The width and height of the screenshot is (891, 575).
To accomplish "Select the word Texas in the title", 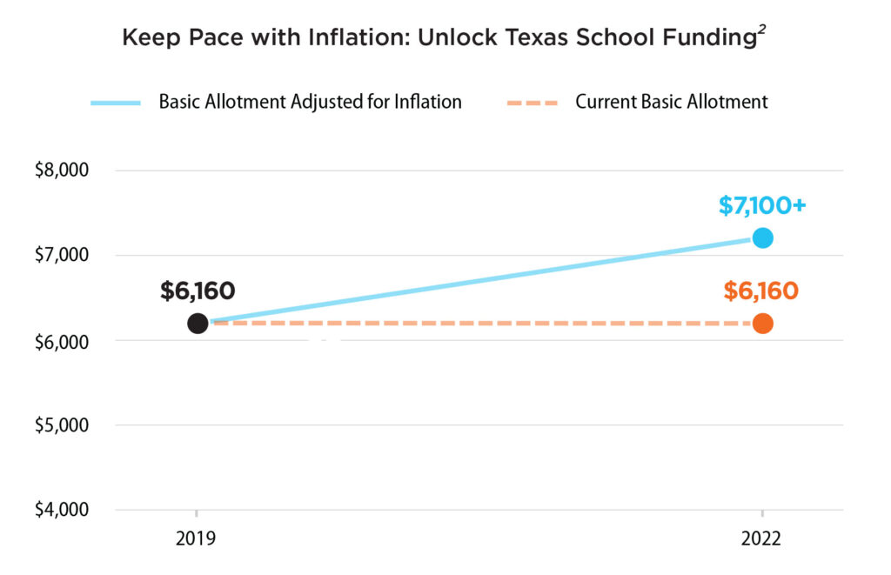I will coord(551,39).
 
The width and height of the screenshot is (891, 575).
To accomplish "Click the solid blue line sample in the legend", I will coord(116,103).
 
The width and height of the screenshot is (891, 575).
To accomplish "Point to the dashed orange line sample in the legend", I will coord(532,103).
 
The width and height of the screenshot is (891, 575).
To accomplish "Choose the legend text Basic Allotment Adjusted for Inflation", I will coord(310,102).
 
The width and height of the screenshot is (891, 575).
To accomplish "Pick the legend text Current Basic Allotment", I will coord(671,102).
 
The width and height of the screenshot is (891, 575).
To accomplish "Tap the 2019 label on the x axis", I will coord(196,539).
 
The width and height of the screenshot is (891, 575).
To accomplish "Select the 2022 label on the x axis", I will coord(761,539).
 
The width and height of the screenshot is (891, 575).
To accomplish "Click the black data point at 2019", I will coord(198,324).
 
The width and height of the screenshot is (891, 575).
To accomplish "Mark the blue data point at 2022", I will coord(762,238).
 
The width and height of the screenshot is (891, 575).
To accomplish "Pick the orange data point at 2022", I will coord(762,324).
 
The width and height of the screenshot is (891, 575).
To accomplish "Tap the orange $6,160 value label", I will coord(760,291).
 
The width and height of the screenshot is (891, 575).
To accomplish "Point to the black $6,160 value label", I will coord(198,291).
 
